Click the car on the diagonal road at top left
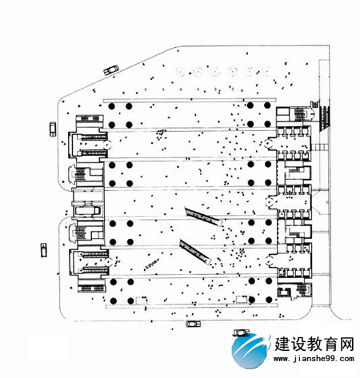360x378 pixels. [x=111, y=70]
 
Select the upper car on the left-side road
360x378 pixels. [x=53, y=129]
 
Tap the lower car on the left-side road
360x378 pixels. [x=44, y=250]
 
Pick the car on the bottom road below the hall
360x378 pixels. [x=193, y=324]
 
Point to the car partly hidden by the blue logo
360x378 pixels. [x=242, y=332]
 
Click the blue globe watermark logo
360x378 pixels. [x=250, y=350]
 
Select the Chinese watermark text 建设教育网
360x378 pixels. [x=314, y=344]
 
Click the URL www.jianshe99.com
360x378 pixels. [x=314, y=359]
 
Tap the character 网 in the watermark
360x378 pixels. [x=346, y=344]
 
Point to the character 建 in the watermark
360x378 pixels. [x=282, y=344]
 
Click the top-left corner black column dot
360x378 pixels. [x=112, y=106]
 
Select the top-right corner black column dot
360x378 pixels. [x=267, y=105]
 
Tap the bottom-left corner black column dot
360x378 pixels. [x=114, y=301]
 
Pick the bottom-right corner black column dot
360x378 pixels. [x=269, y=300]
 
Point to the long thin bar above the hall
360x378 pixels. [x=190, y=100]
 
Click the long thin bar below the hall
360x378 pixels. [x=192, y=306]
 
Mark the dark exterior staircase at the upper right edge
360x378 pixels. [x=325, y=117]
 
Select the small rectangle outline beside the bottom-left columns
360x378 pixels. [x=141, y=300]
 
